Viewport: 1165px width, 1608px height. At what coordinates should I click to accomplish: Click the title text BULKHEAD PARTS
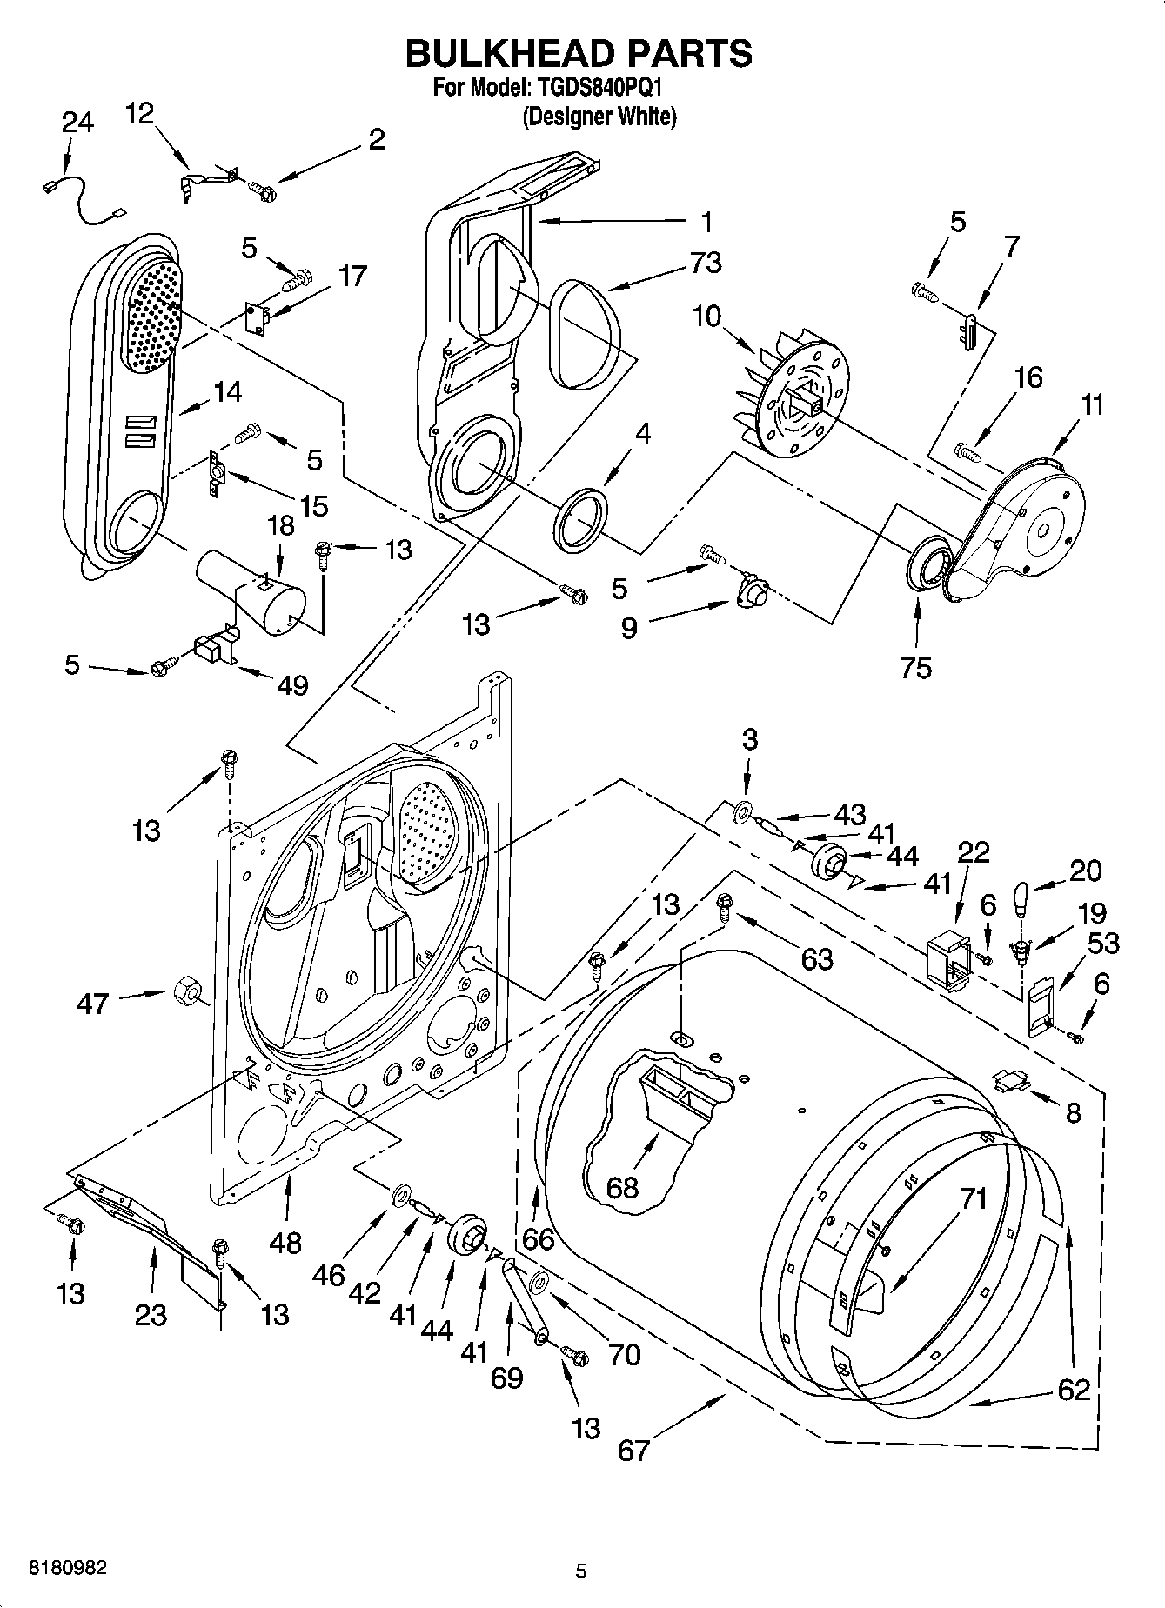click(x=579, y=54)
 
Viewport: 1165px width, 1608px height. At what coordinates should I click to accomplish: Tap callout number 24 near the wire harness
click(x=77, y=123)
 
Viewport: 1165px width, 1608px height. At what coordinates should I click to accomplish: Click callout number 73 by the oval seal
click(x=705, y=263)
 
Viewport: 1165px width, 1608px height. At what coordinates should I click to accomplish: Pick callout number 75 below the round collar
click(x=917, y=667)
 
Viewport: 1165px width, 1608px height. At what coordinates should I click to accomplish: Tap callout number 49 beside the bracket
click(x=293, y=685)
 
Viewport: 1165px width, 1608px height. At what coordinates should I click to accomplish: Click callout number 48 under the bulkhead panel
click(x=286, y=1242)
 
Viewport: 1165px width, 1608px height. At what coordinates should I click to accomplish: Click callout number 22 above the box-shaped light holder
click(x=974, y=851)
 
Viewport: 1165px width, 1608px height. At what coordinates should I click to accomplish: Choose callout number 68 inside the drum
click(x=622, y=1187)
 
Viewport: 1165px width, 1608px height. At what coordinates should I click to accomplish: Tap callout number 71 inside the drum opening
click(x=974, y=1199)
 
